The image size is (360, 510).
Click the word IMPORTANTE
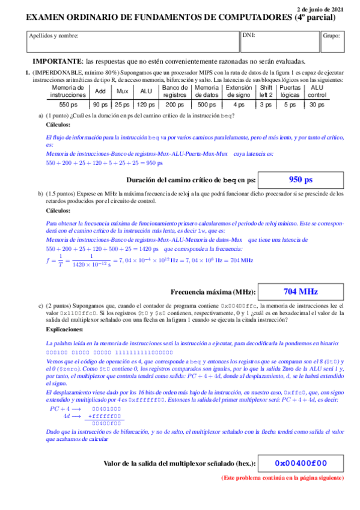(58, 62)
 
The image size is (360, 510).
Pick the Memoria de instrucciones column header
(68, 91)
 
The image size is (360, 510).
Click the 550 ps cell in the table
(68, 104)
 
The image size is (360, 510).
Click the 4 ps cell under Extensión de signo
(239, 104)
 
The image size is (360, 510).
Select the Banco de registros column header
(175, 91)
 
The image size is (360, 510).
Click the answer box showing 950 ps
(301, 179)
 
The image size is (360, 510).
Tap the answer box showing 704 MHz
(301, 292)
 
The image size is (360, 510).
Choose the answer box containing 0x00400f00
(301, 463)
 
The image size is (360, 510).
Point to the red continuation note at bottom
(282, 478)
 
